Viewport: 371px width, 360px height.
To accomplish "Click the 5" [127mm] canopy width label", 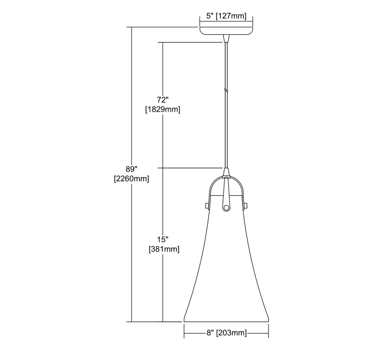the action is point(226,16).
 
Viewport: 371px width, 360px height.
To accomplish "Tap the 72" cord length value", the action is point(163,100).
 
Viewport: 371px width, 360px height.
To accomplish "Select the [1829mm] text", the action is point(163,109).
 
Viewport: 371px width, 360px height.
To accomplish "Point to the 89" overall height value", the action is point(132,169).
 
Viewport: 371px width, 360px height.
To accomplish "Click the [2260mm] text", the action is point(132,179).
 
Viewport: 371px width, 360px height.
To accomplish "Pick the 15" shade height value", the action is point(163,239).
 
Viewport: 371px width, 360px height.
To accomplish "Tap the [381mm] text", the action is point(164,249).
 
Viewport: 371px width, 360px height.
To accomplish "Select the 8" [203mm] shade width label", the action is point(226,333).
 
